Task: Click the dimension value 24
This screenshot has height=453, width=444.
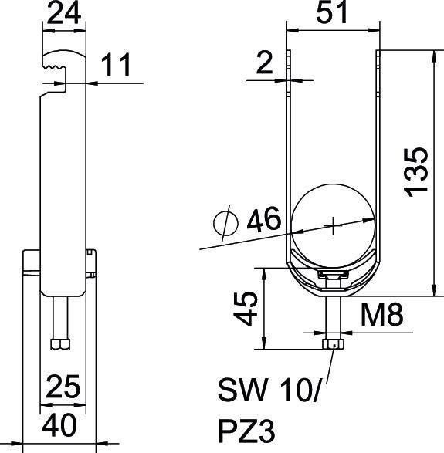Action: point(64,14)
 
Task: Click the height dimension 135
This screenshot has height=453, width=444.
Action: point(418,171)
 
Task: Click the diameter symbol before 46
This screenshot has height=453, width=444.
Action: point(225,223)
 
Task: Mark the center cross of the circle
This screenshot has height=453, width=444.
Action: point(332,226)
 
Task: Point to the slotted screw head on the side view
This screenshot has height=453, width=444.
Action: point(91,262)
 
